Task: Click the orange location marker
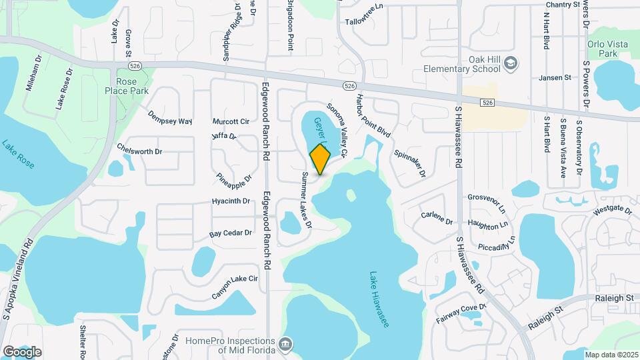point(320,159)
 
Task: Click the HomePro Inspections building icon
point(285,344)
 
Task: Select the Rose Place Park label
point(127,85)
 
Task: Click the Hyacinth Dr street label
point(230,201)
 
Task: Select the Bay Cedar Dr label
point(230,233)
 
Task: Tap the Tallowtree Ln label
point(365,23)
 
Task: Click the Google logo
point(22,351)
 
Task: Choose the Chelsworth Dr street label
point(139,151)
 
